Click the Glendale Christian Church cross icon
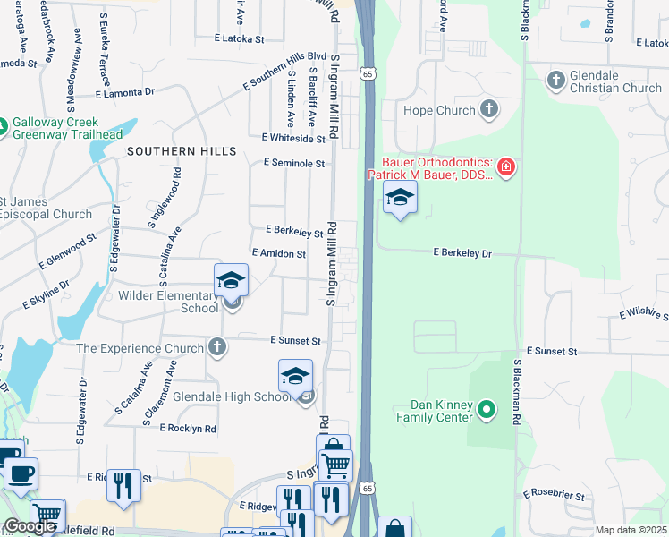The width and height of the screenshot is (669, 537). point(555,81)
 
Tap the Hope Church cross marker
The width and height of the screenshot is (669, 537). point(488,110)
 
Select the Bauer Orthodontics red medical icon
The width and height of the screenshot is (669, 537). point(506,166)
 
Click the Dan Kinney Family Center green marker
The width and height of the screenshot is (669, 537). point(487,411)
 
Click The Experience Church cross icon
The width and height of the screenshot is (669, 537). point(216,346)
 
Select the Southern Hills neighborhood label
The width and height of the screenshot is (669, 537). point(182,151)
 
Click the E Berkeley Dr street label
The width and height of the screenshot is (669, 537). point(463,254)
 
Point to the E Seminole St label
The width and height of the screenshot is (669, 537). point(293,164)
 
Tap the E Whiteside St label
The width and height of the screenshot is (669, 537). point(294,139)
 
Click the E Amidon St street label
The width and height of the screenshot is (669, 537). point(279,254)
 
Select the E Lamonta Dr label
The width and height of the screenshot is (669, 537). point(125,92)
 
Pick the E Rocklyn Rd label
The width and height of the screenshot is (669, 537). point(188,429)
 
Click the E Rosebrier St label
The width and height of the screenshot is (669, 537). point(553,495)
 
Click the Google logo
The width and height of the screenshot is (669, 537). point(29,526)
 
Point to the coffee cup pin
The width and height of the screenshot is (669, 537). point(21,473)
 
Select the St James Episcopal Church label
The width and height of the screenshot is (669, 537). point(45,208)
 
